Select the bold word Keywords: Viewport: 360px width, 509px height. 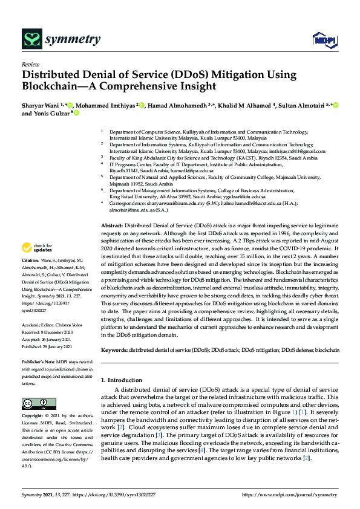tap(115, 349)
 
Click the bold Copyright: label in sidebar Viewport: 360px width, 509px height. tap(33, 417)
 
